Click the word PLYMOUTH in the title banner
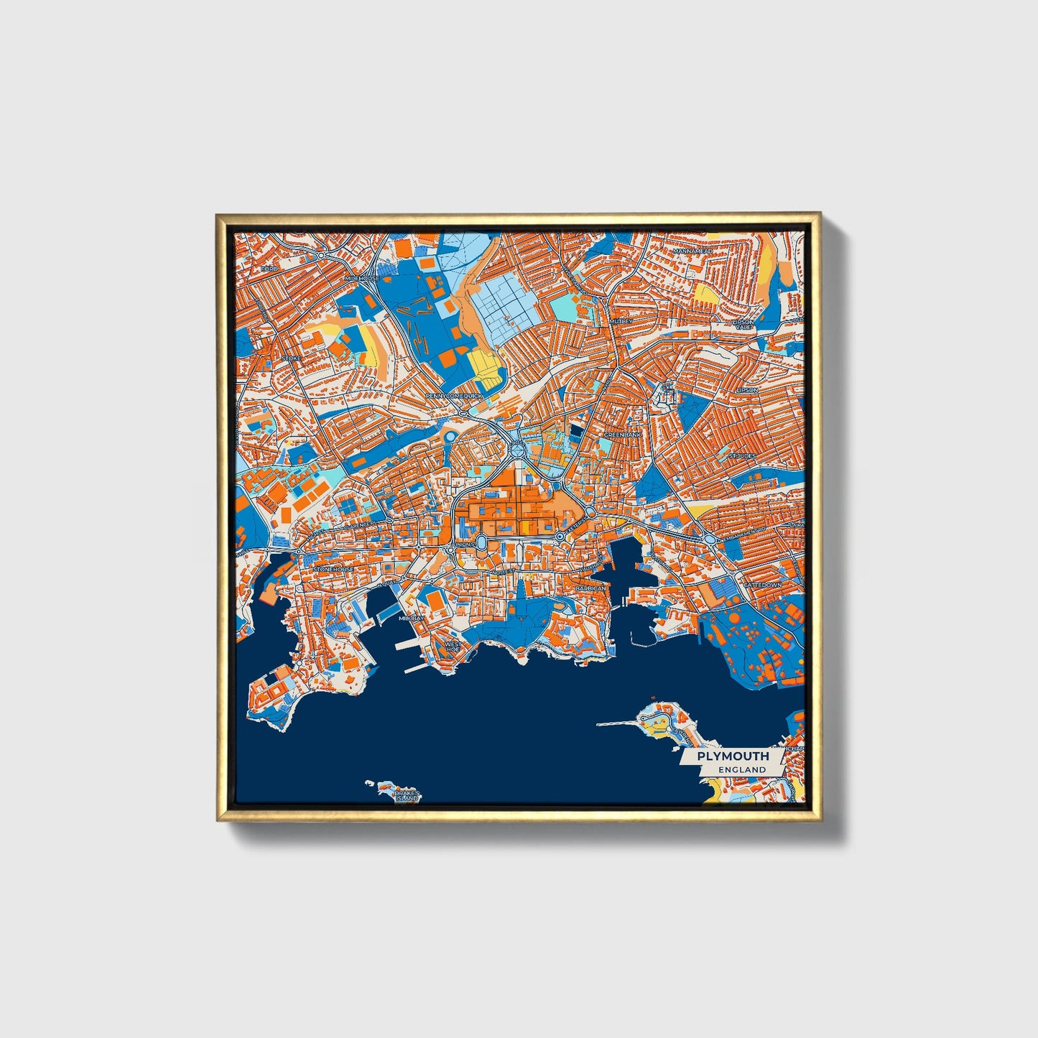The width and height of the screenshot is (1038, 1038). tap(733, 756)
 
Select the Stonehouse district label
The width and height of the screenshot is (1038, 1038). tap(333, 569)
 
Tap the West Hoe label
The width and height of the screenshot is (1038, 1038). tap(453, 647)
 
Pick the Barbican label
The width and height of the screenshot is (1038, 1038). tap(590, 588)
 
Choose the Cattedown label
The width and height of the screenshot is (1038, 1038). tap(762, 585)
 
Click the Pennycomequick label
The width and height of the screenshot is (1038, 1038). tap(455, 396)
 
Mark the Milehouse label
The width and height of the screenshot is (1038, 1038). tap(361, 278)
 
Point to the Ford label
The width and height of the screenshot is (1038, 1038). tap(269, 269)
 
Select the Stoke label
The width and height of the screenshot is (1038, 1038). tap(292, 358)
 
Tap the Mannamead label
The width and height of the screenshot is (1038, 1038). tap(692, 251)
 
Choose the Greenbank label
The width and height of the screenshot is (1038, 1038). tap(621, 435)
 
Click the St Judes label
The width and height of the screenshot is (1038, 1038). tap(742, 455)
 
